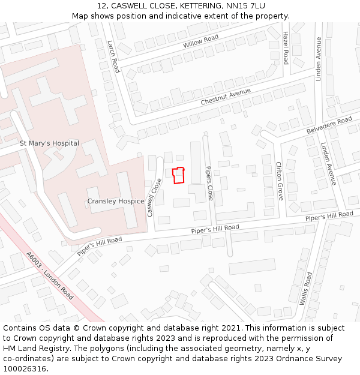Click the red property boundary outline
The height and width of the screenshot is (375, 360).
pyautogui.click(x=178, y=176)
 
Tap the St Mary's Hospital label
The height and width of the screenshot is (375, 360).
pyautogui.click(x=49, y=143)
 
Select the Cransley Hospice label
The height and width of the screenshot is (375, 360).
pyautogui.click(x=116, y=201)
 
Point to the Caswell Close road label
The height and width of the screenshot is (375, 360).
pyautogui.click(x=154, y=197)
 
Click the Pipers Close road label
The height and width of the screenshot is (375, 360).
pyautogui.click(x=209, y=183)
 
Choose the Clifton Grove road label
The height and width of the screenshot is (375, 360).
pyautogui.click(x=279, y=181)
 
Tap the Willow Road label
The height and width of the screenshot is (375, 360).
pyautogui.click(x=201, y=43)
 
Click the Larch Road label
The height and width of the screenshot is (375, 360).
pyautogui.click(x=113, y=56)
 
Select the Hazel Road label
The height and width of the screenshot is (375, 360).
pyautogui.click(x=286, y=48)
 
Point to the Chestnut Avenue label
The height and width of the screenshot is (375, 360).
pyautogui.click(x=226, y=97)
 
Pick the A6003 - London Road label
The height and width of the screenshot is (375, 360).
pyautogui.click(x=50, y=276)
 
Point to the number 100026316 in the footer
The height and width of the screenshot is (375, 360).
pyautogui.click(x=25, y=368)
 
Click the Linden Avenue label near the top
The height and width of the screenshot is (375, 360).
pyautogui.click(x=319, y=59)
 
